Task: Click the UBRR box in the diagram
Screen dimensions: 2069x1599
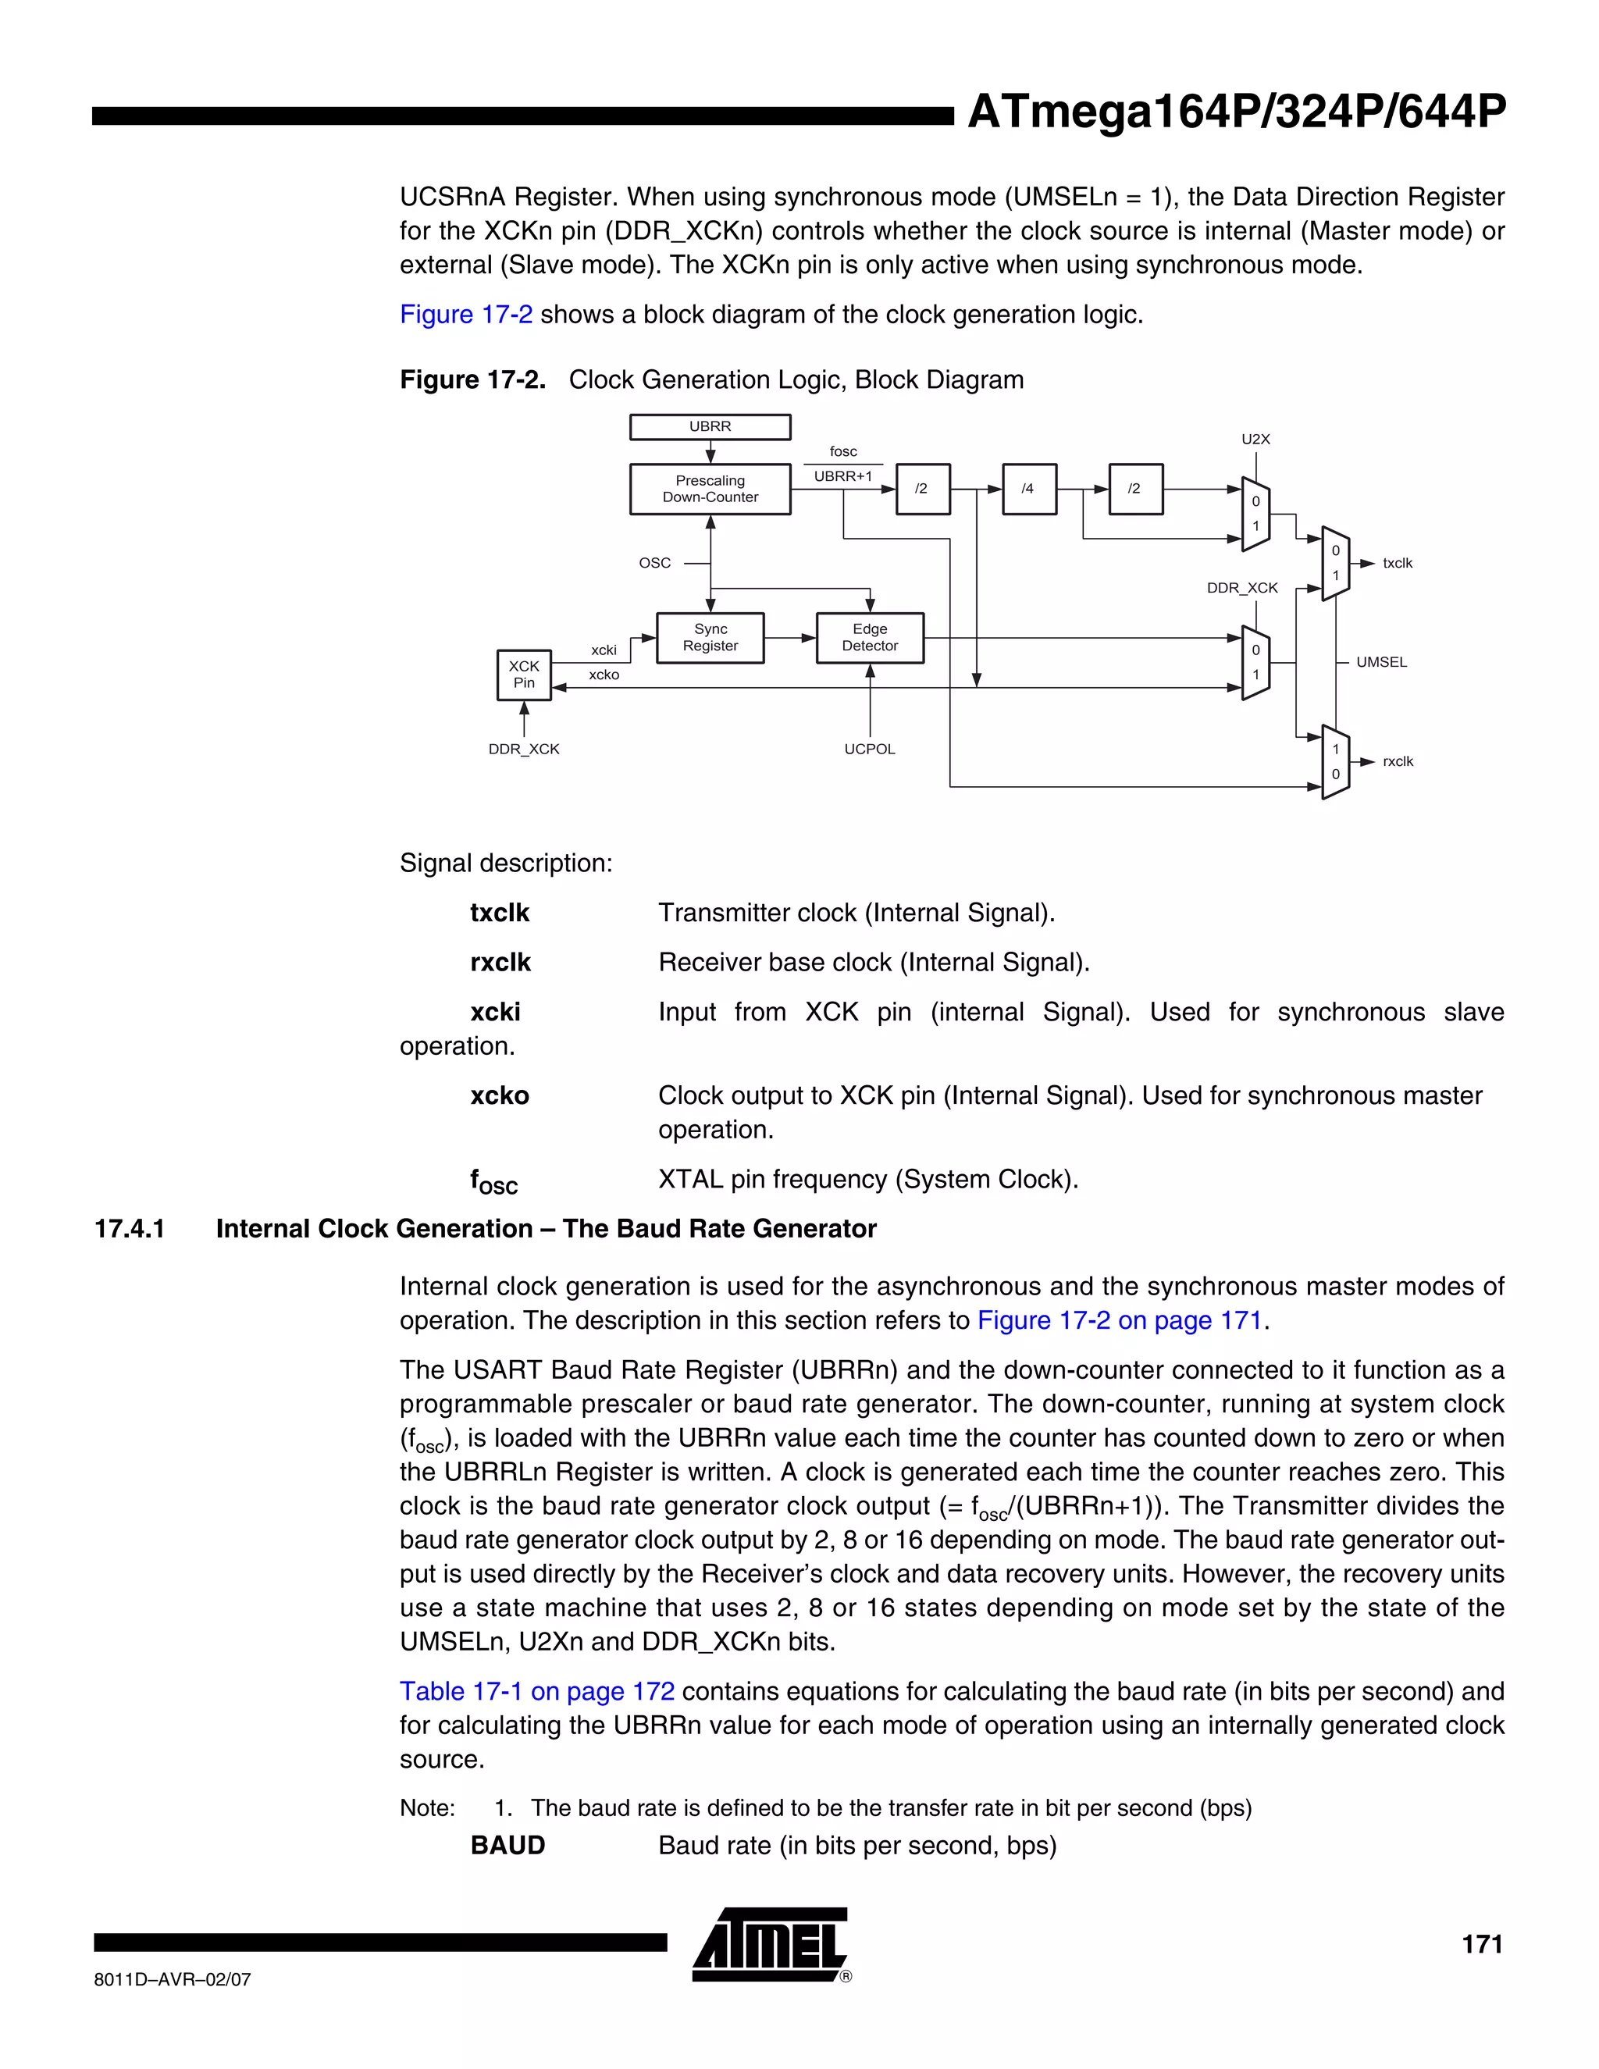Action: click(710, 427)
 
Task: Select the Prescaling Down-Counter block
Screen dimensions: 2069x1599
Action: click(710, 489)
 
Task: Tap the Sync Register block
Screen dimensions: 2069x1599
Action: click(710, 638)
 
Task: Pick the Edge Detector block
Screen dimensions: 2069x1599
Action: click(869, 638)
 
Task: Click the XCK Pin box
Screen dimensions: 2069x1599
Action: click(524, 675)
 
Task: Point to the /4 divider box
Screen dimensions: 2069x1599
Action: click(1027, 489)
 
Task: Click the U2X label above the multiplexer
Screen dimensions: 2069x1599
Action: click(1255, 440)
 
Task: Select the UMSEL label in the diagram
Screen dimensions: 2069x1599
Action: click(1381, 662)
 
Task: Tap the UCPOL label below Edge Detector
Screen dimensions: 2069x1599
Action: click(869, 750)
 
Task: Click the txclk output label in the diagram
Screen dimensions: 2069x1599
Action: click(1398, 564)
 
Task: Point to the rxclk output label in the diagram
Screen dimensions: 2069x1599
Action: click(1398, 762)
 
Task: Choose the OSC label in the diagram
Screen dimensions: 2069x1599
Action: click(654, 563)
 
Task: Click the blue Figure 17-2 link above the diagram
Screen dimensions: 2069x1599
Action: click(466, 315)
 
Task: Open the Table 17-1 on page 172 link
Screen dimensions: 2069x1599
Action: click(537, 1691)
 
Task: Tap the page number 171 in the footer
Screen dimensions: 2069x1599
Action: click(1482, 1945)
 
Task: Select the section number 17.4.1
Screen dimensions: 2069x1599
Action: click(130, 1229)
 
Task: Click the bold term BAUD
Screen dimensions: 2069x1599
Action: click(507, 1846)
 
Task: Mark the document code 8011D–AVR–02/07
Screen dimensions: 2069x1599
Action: click(173, 1979)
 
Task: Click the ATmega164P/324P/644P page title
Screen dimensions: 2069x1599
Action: click(1235, 112)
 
